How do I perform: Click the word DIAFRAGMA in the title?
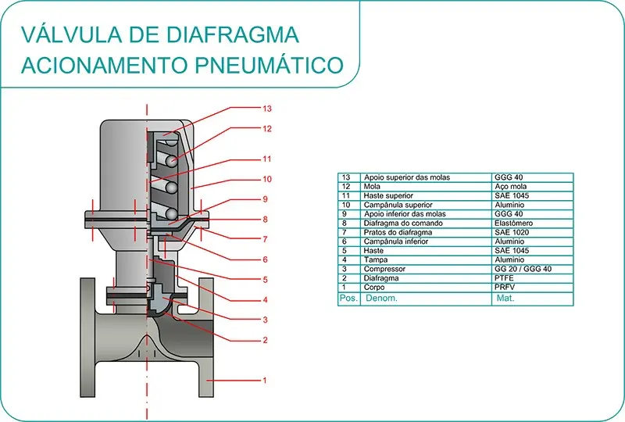pyautogui.click(x=232, y=34)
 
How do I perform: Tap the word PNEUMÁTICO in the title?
pyautogui.click(x=270, y=65)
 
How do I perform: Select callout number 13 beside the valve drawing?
pyautogui.click(x=266, y=109)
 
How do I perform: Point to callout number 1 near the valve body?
pyautogui.click(x=264, y=380)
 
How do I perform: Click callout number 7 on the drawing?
pyautogui.click(x=265, y=239)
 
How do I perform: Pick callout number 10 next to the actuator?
pyautogui.click(x=266, y=179)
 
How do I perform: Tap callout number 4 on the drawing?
pyautogui.click(x=265, y=299)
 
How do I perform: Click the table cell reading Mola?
pyautogui.click(x=372, y=186)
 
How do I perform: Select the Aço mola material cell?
pyautogui.click(x=511, y=186)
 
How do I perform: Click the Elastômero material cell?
pyautogui.click(x=513, y=223)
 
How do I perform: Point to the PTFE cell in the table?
pyautogui.click(x=504, y=278)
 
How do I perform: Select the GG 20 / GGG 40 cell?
pyautogui.click(x=523, y=269)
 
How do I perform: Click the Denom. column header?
pyautogui.click(x=381, y=298)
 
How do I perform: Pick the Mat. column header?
pyautogui.click(x=505, y=298)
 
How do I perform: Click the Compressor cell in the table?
pyautogui.click(x=384, y=269)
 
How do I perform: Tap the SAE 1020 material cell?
pyautogui.click(x=512, y=232)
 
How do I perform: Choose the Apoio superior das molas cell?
pyautogui.click(x=406, y=177)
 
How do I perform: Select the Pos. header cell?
pyautogui.click(x=348, y=298)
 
